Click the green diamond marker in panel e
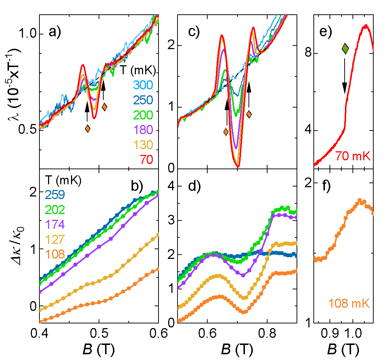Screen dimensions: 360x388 pos(345,48)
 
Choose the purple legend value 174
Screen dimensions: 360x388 pos(55,224)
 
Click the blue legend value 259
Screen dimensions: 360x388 pos(55,195)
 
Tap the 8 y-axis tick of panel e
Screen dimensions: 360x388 pos(306,54)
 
